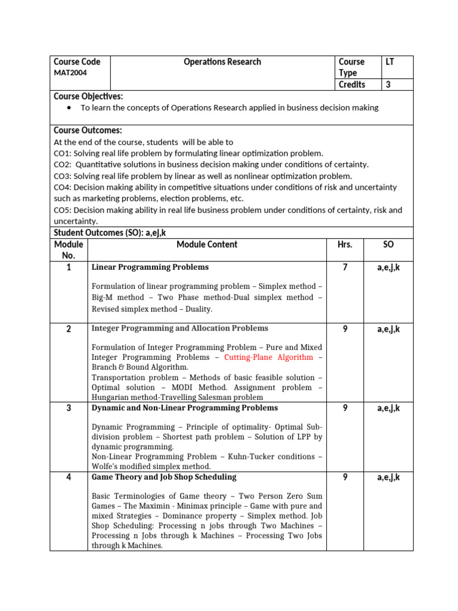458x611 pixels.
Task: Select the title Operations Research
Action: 222,61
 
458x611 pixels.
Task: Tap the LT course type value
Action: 390,61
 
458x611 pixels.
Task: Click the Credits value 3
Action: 388,84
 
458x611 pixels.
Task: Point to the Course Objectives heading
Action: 88,96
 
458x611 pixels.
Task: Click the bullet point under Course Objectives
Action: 71,107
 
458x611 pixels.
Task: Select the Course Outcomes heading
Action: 88,130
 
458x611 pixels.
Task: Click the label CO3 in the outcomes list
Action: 62,176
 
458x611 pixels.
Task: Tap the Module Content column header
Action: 206,244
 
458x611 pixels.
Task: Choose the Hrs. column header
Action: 345,244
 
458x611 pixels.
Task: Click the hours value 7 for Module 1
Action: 345,267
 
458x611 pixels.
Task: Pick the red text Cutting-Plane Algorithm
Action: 268,357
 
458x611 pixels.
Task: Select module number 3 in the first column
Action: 69,408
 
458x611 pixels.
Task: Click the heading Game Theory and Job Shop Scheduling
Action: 164,477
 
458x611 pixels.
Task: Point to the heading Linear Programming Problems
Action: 150,267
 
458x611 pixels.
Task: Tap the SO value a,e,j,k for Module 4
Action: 388,477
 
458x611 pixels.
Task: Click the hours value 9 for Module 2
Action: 345,329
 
